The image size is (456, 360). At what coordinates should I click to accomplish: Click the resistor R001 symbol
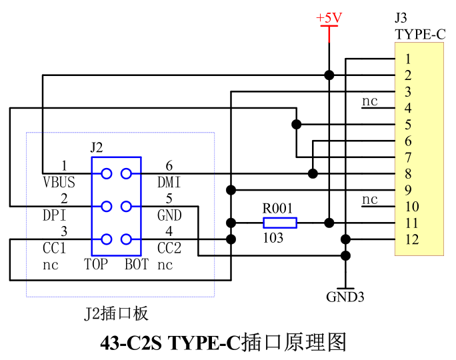279,223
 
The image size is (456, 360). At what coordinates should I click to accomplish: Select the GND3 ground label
345,297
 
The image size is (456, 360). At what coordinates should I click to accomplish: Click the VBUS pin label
58,182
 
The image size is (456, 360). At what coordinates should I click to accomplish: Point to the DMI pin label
169,182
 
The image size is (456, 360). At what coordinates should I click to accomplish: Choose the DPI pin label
54,215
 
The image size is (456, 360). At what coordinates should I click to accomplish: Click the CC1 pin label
54,248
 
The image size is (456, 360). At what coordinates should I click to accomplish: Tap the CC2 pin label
169,248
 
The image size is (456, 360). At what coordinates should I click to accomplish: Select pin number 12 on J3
412,239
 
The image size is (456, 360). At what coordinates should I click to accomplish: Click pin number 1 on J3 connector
407,59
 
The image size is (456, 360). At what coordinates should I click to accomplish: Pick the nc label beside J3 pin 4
369,101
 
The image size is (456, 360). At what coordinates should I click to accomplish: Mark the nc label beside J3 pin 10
369,199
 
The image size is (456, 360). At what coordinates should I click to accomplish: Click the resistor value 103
272,238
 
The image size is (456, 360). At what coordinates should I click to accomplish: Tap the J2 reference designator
97,147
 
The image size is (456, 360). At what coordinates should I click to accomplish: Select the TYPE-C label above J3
419,35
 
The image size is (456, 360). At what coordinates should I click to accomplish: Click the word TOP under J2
96,265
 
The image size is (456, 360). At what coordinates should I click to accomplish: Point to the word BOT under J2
136,265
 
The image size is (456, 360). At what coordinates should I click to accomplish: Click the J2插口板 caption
117,313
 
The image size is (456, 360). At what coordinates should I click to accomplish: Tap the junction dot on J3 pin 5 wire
296,124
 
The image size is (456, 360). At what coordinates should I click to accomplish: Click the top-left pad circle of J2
106,174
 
